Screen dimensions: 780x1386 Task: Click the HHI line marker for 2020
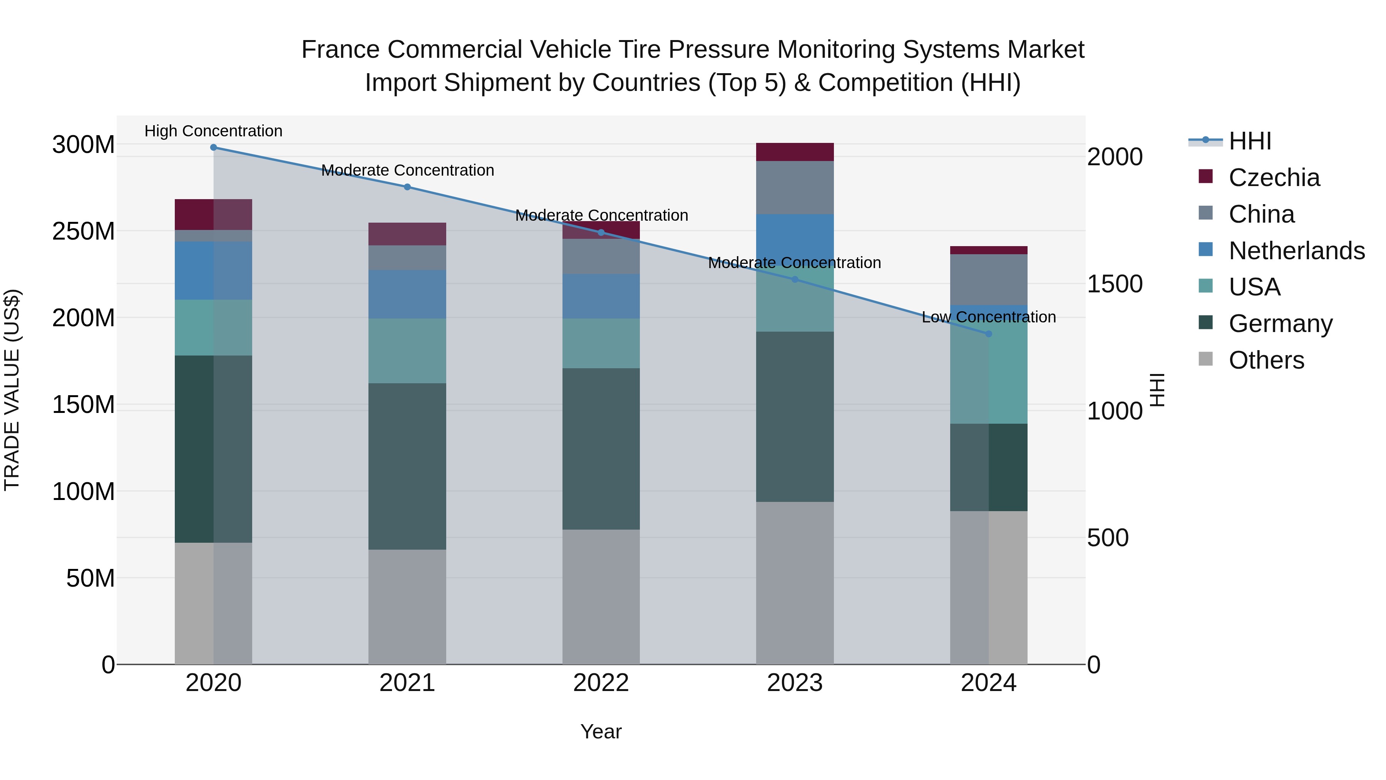tap(214, 147)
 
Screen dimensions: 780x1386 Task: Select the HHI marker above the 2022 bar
tap(601, 233)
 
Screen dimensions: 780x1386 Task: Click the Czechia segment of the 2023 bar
tap(795, 152)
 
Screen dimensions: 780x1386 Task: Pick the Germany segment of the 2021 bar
tap(407, 466)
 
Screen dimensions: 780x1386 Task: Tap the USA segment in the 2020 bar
tap(214, 327)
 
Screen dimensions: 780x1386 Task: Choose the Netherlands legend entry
tap(1296, 251)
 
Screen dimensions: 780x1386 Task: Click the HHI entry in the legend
tap(1250, 141)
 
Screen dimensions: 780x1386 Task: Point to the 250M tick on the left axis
tap(84, 231)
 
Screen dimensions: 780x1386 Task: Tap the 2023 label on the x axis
tap(795, 683)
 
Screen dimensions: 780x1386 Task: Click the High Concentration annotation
tap(214, 131)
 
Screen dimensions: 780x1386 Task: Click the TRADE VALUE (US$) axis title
tap(12, 390)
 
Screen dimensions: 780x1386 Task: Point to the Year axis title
tap(601, 731)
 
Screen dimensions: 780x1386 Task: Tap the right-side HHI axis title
tap(1157, 390)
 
